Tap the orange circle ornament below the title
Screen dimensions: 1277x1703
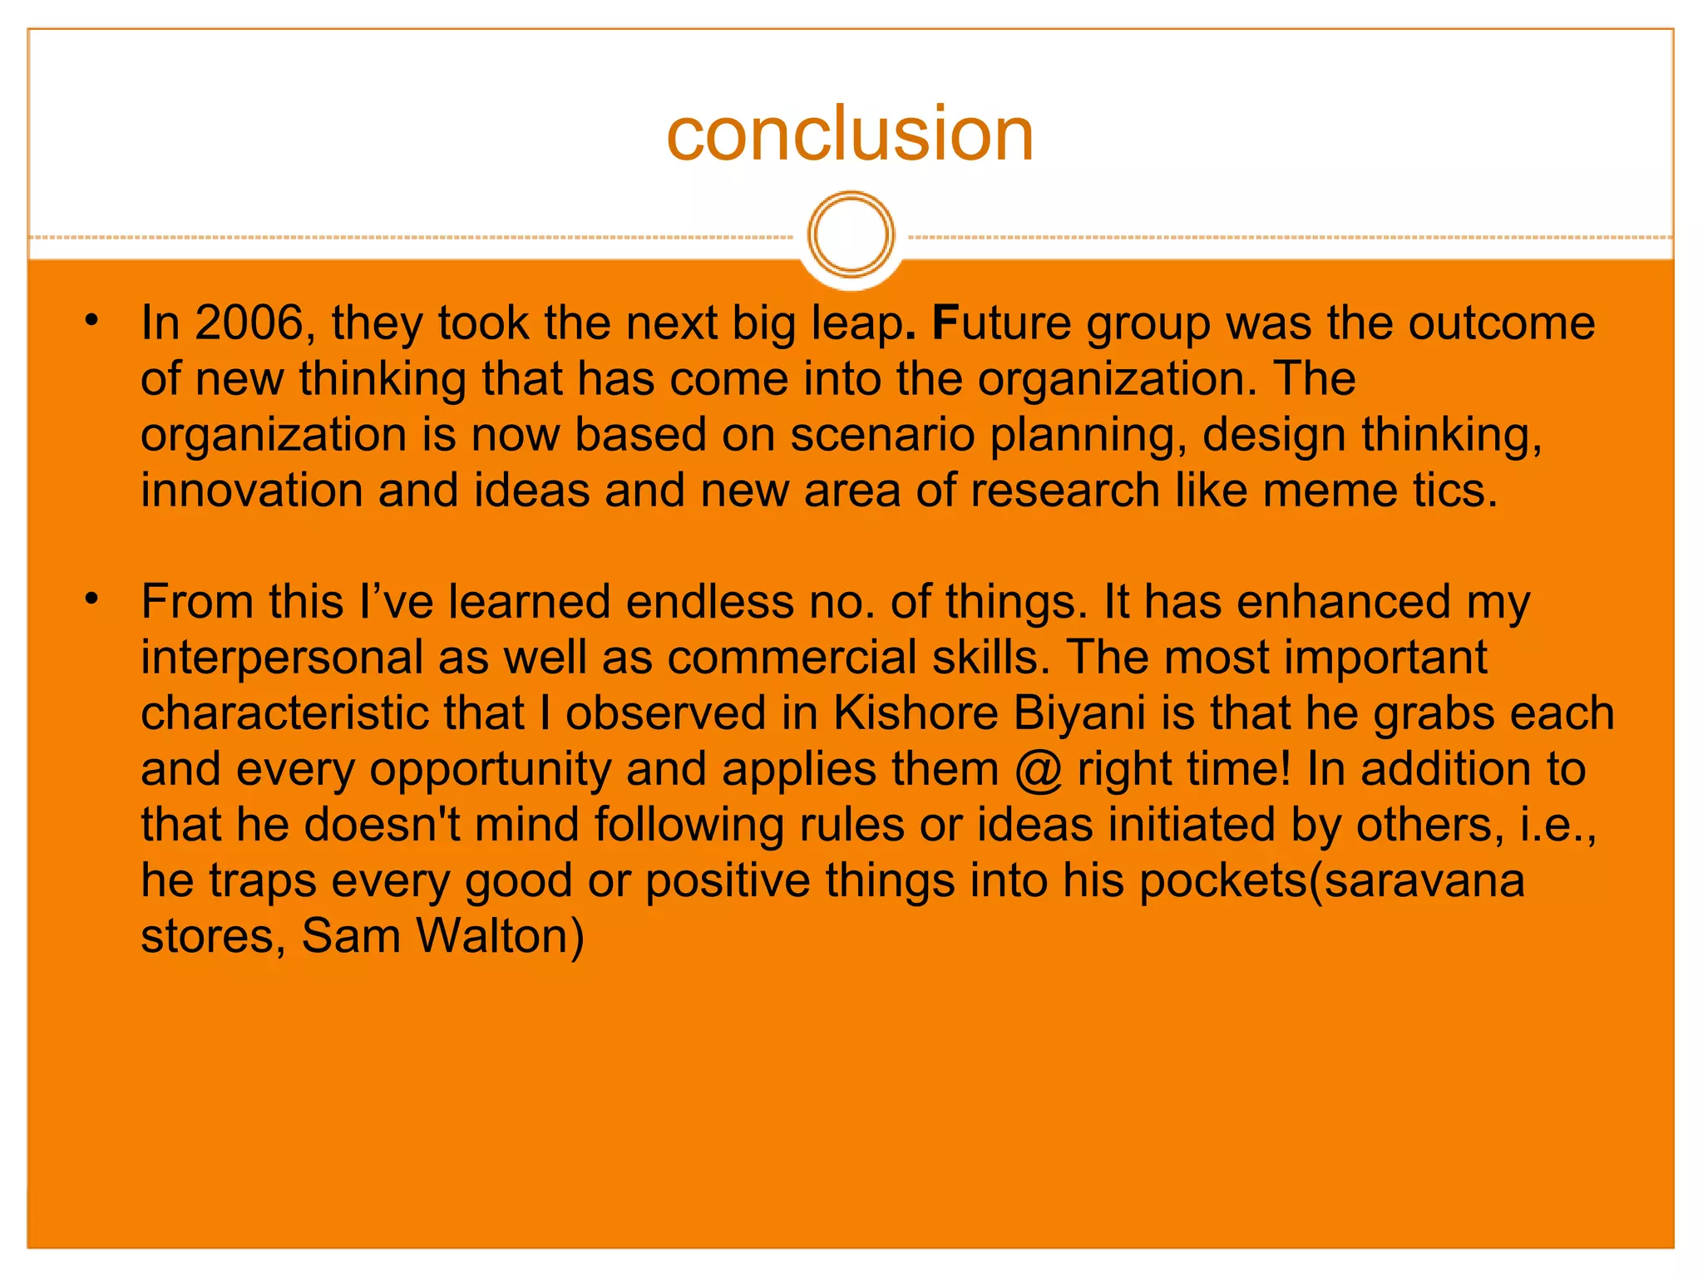(851, 234)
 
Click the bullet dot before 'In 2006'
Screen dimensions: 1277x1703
(91, 320)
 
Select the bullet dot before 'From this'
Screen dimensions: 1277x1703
(91, 599)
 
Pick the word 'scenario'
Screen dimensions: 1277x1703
(881, 435)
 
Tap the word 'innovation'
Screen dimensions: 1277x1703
(252, 490)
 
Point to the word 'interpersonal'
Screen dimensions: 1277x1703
(282, 658)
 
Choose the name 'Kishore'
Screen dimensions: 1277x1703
(916, 712)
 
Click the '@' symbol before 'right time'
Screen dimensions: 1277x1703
(1039, 770)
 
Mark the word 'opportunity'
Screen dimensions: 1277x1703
(490, 770)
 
